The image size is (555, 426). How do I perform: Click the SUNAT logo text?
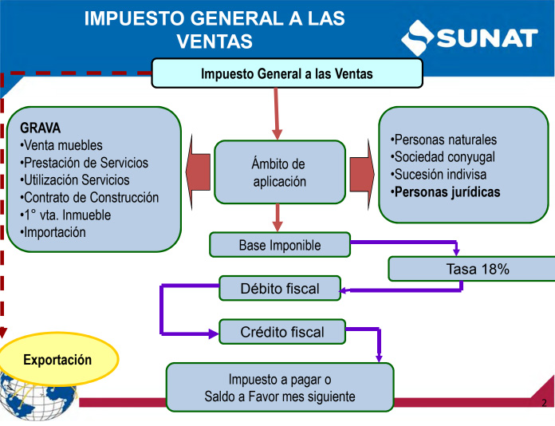[487, 37]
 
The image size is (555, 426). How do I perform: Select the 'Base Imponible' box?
[280, 245]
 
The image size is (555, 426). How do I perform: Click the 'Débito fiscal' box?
[280, 288]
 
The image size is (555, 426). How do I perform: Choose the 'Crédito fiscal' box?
[282, 332]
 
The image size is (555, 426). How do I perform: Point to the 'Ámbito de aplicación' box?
[280, 172]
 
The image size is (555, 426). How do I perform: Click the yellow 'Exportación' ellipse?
[57, 359]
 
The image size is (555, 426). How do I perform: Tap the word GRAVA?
[41, 128]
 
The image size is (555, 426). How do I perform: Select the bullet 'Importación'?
[53, 232]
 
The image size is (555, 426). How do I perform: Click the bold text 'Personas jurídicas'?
[446, 192]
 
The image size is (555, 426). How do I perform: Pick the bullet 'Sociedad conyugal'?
[443, 157]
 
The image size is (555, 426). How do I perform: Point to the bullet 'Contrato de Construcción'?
[89, 197]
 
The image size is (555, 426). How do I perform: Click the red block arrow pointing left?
[199, 172]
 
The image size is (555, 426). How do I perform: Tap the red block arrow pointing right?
[362, 175]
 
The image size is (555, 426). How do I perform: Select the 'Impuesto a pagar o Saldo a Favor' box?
[280, 388]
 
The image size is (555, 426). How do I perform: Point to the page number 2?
[544, 403]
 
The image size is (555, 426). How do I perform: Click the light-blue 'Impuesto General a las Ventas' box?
[287, 73]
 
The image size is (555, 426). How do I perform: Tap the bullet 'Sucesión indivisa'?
[439, 174]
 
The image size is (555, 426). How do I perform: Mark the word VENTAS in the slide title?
[215, 41]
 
